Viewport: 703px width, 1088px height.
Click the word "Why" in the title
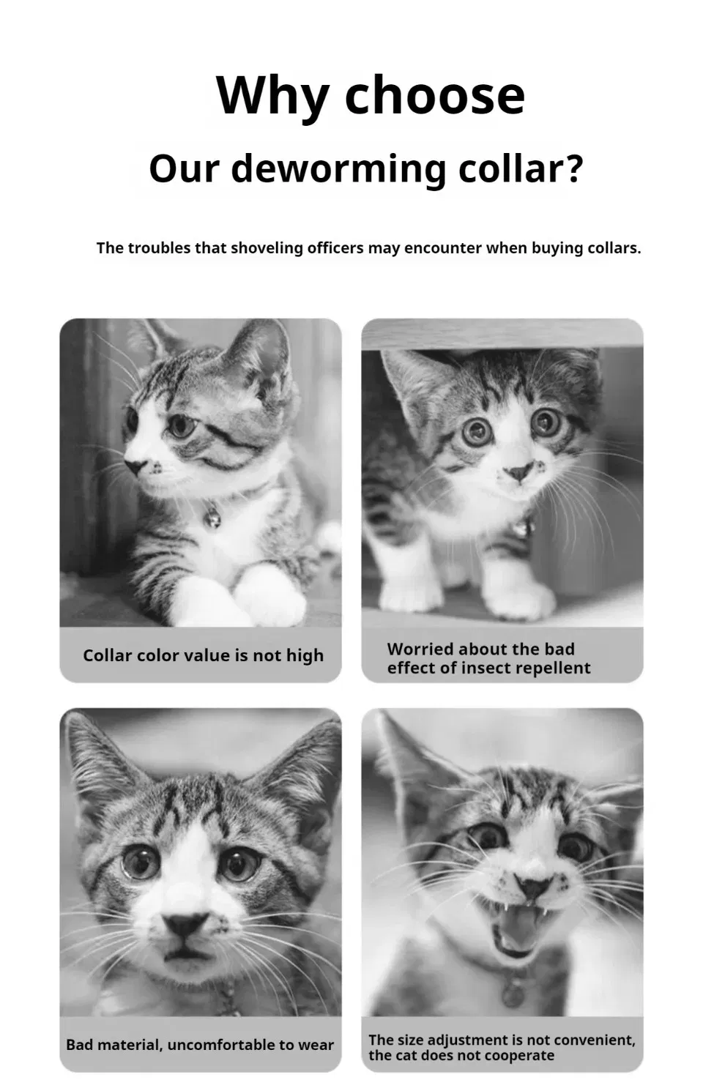coord(272,95)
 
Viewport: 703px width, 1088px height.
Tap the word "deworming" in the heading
coord(338,169)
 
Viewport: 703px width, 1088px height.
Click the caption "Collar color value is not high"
coord(203,655)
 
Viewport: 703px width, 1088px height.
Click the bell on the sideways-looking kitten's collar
coord(212,517)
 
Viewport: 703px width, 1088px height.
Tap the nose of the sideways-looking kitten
coord(135,466)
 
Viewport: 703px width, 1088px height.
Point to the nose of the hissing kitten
coord(532,887)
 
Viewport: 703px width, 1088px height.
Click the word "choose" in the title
coord(435,95)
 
